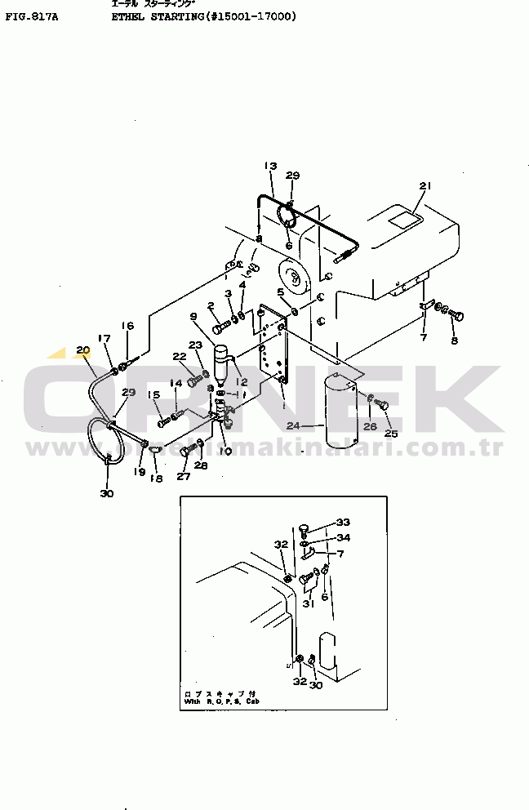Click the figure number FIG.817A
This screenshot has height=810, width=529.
(31, 16)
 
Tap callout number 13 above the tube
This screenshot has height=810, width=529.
(271, 167)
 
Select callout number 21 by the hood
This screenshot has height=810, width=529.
(424, 186)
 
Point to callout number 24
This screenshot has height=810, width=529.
(293, 425)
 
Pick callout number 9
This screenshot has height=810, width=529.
(193, 316)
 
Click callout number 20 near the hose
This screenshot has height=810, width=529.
(82, 351)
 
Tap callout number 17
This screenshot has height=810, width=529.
(104, 338)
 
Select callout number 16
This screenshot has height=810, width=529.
(127, 326)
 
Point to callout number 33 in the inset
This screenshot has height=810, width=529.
(343, 523)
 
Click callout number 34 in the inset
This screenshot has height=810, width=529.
(343, 537)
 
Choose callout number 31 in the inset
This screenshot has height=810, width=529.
(309, 604)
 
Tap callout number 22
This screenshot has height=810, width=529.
(179, 356)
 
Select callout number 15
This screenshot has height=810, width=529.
(153, 395)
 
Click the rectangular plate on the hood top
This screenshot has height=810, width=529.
(404, 219)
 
